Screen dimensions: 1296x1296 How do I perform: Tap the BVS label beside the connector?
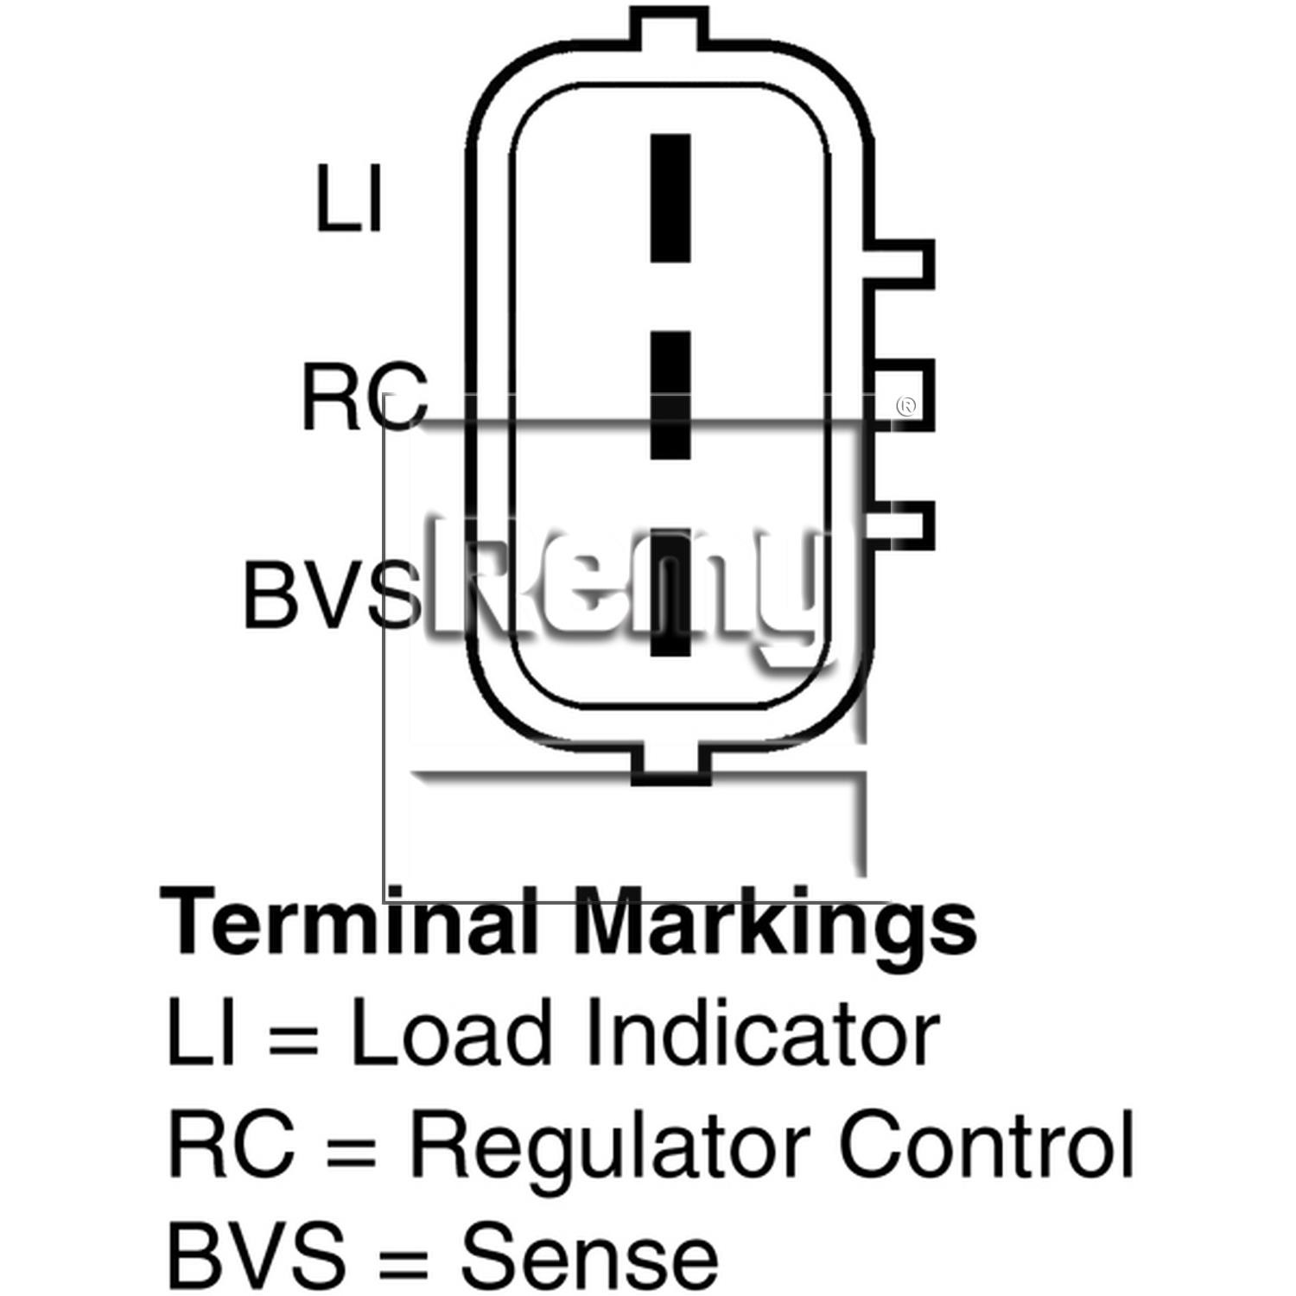click(333, 594)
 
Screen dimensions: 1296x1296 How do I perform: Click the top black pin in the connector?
click(670, 198)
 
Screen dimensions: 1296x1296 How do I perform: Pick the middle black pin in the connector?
click(670, 395)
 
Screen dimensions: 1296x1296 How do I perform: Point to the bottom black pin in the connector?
click(670, 592)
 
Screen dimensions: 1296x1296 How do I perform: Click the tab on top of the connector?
click(670, 26)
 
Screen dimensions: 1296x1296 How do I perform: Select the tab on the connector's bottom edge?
click(670, 765)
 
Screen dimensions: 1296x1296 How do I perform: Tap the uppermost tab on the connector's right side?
click(904, 264)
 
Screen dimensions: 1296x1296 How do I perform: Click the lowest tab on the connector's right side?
click(904, 524)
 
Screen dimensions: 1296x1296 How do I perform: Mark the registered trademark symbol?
click(906, 406)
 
